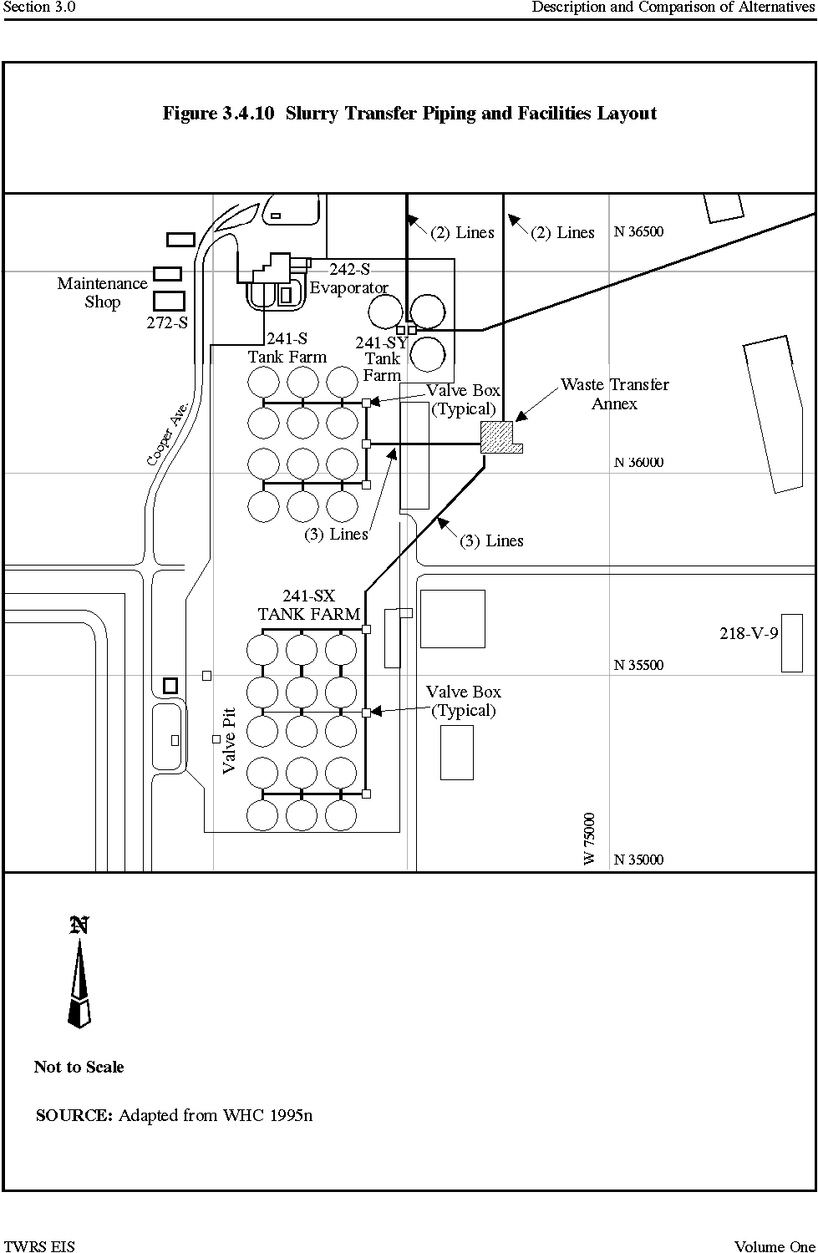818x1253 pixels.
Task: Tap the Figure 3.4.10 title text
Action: pos(409,114)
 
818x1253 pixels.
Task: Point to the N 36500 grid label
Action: pos(638,231)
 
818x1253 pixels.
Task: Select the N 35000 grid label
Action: pos(638,860)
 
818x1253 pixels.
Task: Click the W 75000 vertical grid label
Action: pos(589,839)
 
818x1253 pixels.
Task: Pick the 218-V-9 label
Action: pos(749,633)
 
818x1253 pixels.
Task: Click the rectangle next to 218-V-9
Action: pos(792,642)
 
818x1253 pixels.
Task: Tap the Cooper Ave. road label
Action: pos(167,434)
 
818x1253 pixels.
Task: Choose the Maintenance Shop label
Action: pos(103,292)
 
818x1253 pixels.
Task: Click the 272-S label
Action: pos(167,322)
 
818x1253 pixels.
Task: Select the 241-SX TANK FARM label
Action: pos(309,606)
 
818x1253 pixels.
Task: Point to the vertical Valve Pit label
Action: pos(229,741)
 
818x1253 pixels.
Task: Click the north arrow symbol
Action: pos(79,972)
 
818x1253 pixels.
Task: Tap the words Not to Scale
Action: pos(79,1067)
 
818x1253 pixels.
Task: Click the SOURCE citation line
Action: pos(174,1115)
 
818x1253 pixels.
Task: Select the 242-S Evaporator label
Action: pos(349,278)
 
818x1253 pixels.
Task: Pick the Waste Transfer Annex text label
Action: pos(615,393)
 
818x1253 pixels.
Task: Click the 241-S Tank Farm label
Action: pos(287,347)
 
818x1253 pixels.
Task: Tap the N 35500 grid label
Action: pos(638,665)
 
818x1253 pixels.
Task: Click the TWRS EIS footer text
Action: pos(40,1246)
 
